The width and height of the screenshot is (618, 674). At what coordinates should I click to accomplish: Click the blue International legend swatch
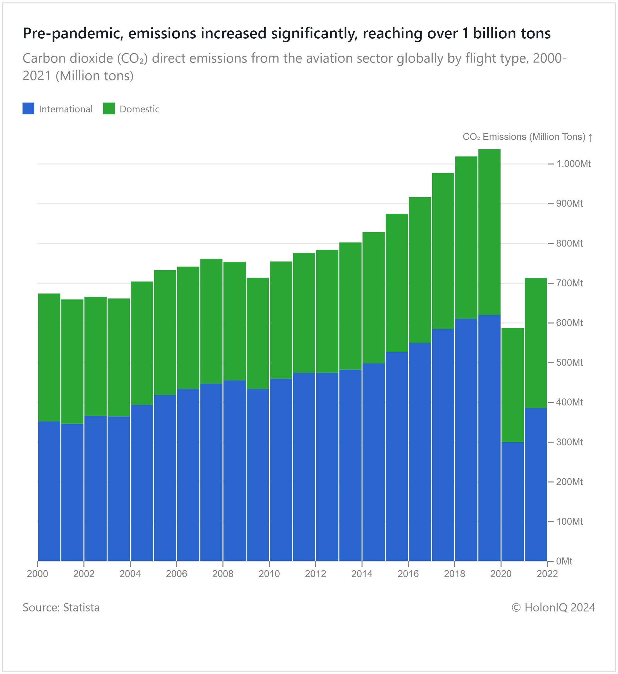(28, 109)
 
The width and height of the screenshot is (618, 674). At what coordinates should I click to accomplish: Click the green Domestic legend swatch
(109, 109)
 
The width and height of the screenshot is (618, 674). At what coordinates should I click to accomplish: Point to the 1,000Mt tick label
(573, 164)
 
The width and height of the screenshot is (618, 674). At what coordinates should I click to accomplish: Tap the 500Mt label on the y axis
(569, 362)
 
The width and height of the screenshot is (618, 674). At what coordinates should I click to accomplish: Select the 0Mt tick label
(564, 561)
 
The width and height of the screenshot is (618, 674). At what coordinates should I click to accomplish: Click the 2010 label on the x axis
(269, 574)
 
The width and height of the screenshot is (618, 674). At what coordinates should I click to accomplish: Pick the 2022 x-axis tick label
(547, 574)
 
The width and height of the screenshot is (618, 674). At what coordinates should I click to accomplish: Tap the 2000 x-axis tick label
(37, 574)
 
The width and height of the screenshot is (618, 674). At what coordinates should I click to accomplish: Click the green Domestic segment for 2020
(512, 385)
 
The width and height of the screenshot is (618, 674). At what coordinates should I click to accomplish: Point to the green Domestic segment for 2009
(257, 333)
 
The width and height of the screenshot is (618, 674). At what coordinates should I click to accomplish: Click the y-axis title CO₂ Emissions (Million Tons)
(524, 137)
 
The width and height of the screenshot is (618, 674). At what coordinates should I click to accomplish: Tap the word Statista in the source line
(81, 608)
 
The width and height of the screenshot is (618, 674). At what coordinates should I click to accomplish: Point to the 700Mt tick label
(569, 283)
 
